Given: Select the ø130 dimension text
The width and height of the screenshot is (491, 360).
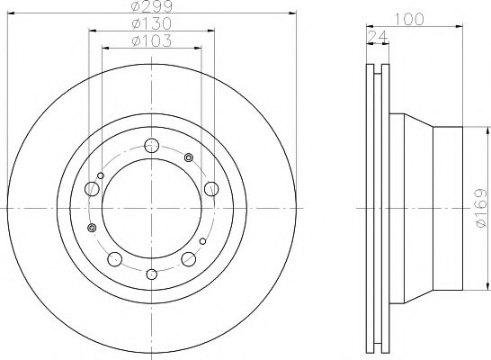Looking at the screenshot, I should (152, 24).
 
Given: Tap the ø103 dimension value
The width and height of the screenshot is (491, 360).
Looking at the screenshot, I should (152, 41).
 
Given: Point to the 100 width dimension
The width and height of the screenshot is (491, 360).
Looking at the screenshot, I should (413, 17).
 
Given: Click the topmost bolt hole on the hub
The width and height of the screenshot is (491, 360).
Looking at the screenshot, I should (152, 146).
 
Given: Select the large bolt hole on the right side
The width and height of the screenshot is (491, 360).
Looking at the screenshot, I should (210, 188).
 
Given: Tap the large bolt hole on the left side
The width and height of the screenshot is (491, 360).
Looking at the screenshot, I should (92, 189).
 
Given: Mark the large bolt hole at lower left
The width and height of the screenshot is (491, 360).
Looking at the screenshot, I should (114, 258).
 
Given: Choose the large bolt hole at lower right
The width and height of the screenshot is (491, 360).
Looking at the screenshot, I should (189, 259).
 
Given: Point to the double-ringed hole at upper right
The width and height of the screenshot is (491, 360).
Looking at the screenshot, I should (189, 158).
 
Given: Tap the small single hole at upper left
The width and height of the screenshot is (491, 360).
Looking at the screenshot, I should (102, 175).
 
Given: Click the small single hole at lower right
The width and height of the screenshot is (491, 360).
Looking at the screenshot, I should (202, 240).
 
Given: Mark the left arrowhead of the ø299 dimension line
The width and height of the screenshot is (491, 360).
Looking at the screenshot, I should (9, 13).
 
